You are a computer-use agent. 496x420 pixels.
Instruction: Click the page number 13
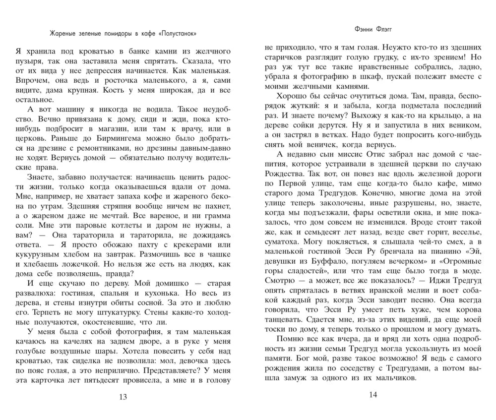point(124,397)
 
